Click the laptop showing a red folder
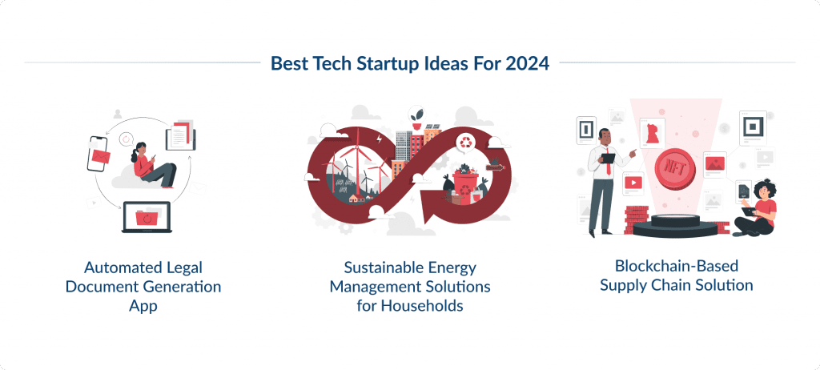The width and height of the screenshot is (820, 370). click(147, 217)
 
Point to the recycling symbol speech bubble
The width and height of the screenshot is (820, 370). click(465, 143)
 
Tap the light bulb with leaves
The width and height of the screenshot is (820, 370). click(416, 115)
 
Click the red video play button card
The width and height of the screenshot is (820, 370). click(633, 182)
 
